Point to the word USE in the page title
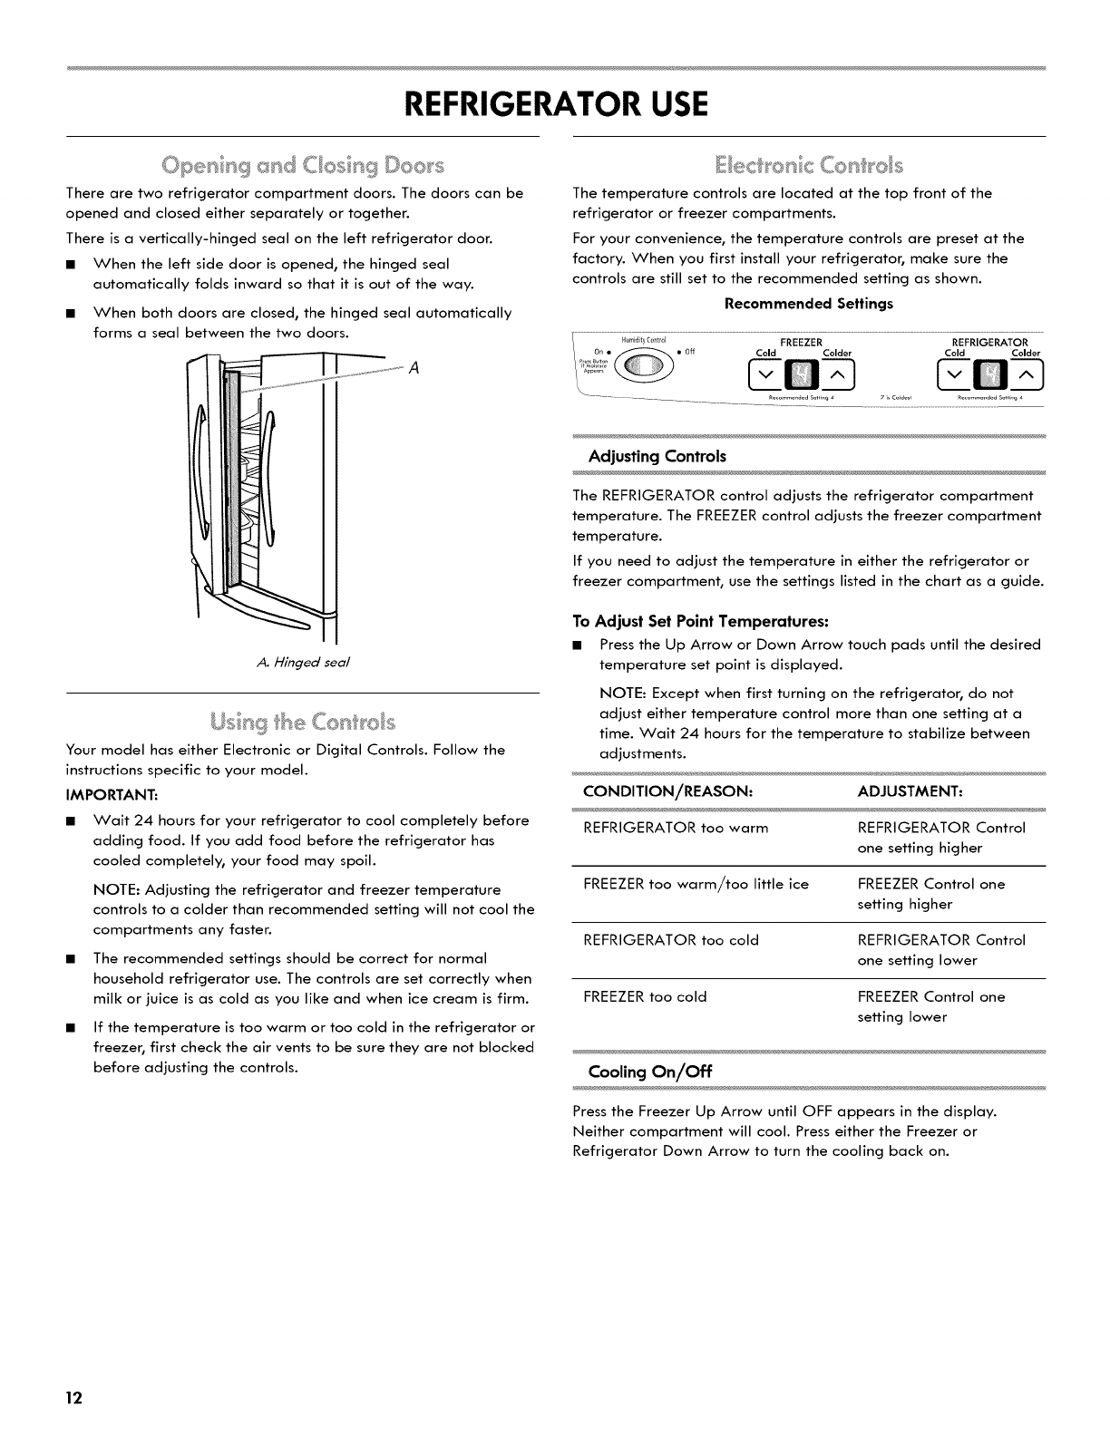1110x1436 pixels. pyautogui.click(x=666, y=103)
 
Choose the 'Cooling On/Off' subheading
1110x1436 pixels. pyautogui.click(x=651, y=1072)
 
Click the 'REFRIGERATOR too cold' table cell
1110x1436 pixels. pyautogui.click(x=671, y=940)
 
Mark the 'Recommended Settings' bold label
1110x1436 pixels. pyautogui.click(x=808, y=303)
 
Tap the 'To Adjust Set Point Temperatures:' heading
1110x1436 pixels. pyautogui.click(x=701, y=622)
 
